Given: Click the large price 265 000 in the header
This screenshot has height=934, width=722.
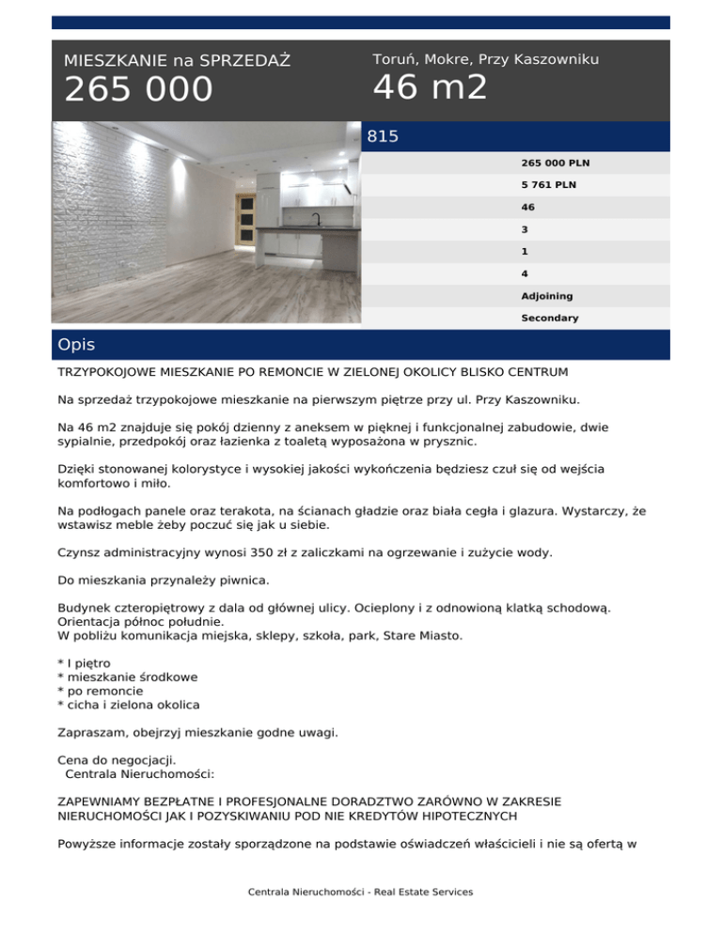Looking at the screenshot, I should (138, 90).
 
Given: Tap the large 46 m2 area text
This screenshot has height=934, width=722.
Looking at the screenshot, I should (431, 87).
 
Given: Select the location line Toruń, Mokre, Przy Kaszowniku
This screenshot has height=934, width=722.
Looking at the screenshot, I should (485, 59).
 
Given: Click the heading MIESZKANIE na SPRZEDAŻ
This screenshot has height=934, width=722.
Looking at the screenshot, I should (177, 61).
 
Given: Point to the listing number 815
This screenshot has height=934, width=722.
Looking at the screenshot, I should (383, 137).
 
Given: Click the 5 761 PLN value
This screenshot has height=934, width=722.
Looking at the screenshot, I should (548, 185).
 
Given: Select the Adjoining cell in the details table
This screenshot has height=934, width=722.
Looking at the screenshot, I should (546, 296).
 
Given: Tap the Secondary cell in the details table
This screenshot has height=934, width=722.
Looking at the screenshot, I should (549, 319).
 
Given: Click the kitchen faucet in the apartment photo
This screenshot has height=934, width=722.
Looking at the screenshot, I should (317, 220).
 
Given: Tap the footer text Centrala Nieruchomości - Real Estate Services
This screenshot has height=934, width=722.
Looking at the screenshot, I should (360, 892).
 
